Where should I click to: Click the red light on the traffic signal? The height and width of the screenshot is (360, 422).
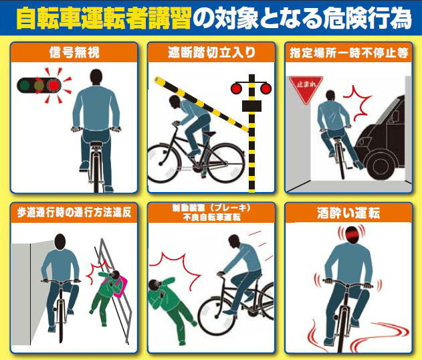coord(54,86)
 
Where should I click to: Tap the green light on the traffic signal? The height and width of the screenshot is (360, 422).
coord(25,86)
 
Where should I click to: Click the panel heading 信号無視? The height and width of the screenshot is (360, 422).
coord(74,52)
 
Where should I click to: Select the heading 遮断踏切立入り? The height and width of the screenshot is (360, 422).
coord(211,52)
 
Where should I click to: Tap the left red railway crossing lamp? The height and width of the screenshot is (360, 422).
coord(236,88)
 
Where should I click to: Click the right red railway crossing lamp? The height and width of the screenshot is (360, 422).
coord(266,88)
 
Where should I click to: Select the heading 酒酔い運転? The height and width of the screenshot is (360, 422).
coord(348,213)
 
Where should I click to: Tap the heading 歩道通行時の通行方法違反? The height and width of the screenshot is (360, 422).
coord(74,213)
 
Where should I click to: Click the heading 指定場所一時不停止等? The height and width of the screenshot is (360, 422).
coord(349,53)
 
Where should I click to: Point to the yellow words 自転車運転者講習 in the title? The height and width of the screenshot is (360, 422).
coord(104,18)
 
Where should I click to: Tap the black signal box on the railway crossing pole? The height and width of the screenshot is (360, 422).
coord(251,106)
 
